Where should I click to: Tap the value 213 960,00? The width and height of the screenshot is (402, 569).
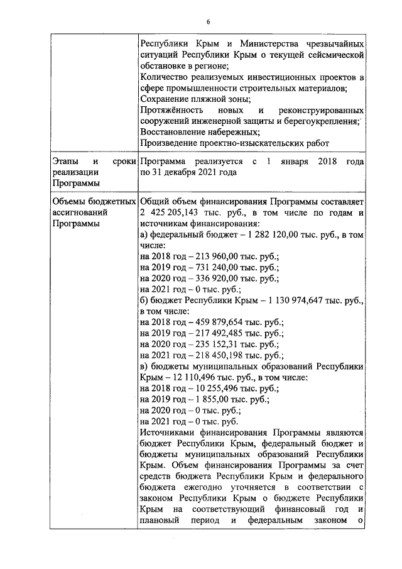219,257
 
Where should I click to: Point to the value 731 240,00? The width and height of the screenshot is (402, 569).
219,268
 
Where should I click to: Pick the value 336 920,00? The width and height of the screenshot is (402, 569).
219,279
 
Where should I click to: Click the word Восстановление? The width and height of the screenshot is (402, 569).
173,132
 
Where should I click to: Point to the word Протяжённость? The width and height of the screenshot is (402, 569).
171,110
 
